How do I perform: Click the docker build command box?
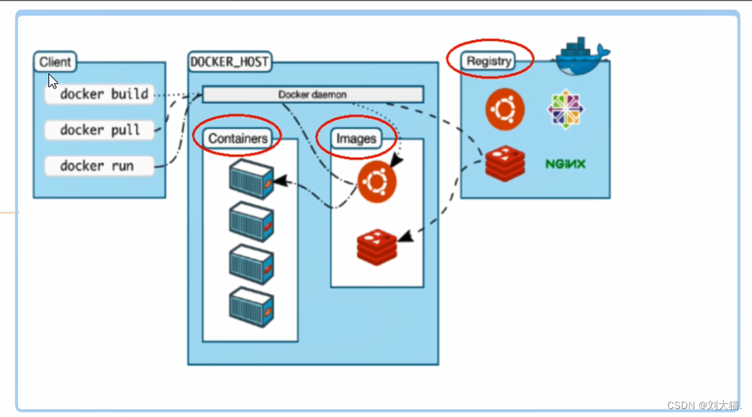100,94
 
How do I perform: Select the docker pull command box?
100,130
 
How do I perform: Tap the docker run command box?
99,166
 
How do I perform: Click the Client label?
55,62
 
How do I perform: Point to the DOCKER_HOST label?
229,62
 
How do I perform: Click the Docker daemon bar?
312,94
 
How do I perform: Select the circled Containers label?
238,138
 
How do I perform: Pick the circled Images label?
356,138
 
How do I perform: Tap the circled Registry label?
489,61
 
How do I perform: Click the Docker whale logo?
581,57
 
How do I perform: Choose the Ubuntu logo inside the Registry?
505,109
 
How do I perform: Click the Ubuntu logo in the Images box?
377,181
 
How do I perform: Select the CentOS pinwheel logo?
565,109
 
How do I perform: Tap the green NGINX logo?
565,164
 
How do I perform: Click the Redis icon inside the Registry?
505,164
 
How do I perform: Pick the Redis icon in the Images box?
377,247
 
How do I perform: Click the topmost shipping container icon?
251,179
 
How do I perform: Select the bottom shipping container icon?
251,307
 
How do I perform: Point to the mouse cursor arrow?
53,81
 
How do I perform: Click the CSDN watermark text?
703,405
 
